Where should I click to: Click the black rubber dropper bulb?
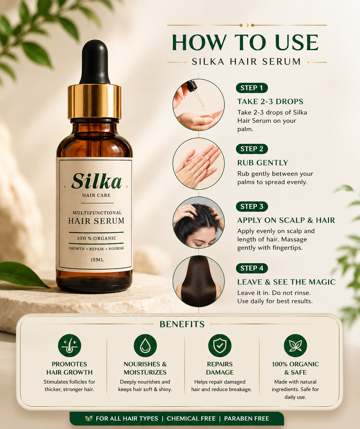(x=95, y=62)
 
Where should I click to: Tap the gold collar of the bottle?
(x=95, y=102)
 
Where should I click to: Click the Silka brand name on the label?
(x=97, y=181)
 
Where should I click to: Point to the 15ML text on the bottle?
(x=97, y=260)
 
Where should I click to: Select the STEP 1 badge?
(x=252, y=88)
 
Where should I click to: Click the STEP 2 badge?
(x=252, y=149)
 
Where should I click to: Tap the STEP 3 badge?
(x=252, y=207)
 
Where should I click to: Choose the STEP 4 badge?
(x=252, y=268)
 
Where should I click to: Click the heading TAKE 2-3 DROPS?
(x=270, y=102)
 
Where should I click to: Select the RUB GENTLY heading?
(x=263, y=163)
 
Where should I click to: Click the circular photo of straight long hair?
(x=199, y=281)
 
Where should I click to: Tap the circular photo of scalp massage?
(x=199, y=222)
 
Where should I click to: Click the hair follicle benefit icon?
(x=70, y=346)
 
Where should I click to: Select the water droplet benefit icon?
(x=145, y=346)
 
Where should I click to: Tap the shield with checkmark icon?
(x=220, y=346)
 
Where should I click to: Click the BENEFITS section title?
(x=182, y=324)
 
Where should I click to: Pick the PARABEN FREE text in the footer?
(x=246, y=419)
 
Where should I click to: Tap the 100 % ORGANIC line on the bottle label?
(x=97, y=238)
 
